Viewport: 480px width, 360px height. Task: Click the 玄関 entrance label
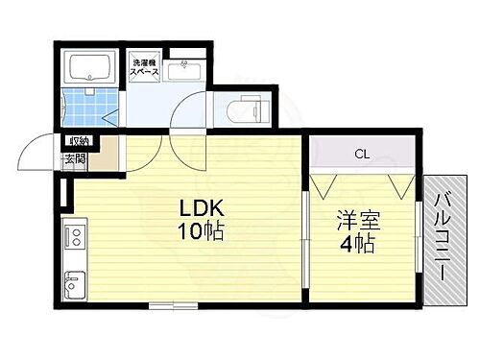pyautogui.click(x=75, y=159)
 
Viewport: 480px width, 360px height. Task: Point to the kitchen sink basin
pyautogui.click(x=75, y=284)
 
